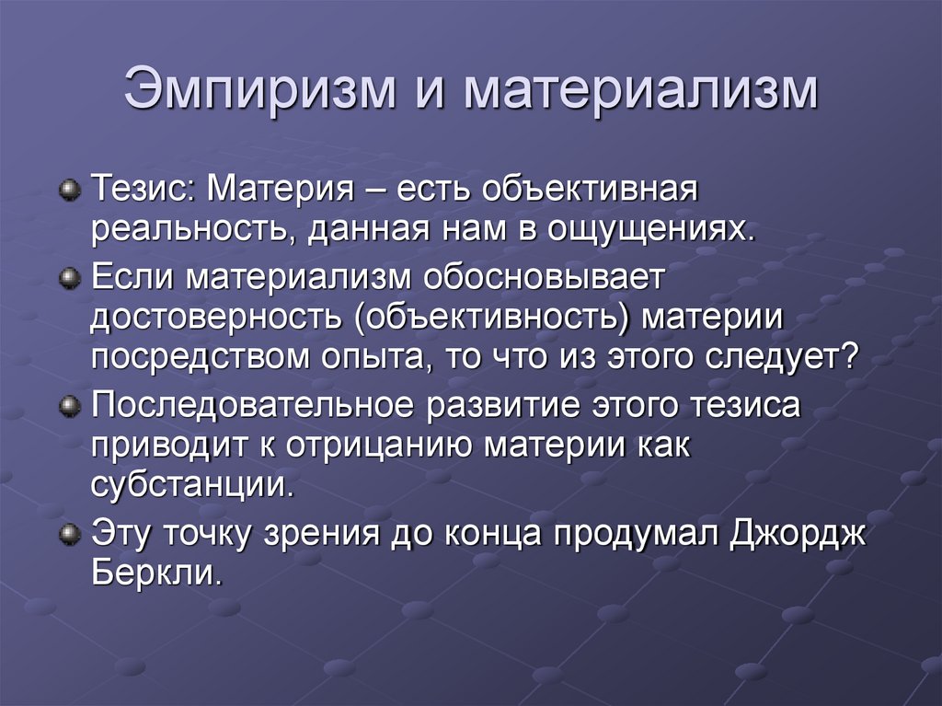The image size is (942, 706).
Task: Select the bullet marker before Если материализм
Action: click(x=68, y=279)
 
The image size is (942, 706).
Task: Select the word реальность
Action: click(x=189, y=231)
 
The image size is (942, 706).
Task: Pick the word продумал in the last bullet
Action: click(x=609, y=534)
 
